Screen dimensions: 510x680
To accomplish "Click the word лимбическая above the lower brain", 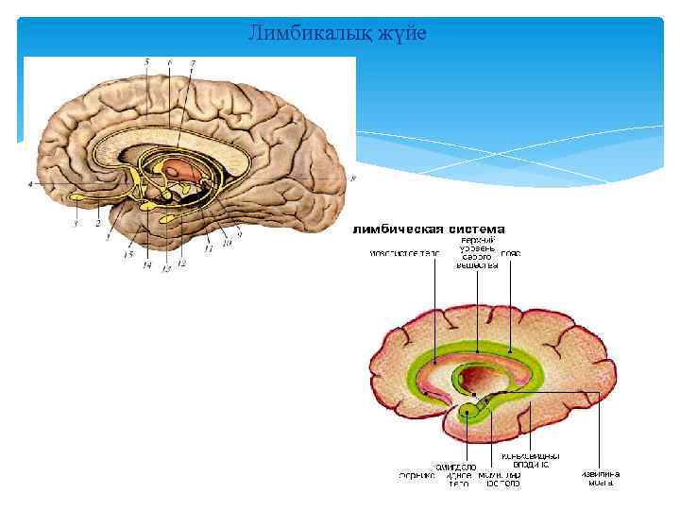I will pyautogui.click(x=397, y=229).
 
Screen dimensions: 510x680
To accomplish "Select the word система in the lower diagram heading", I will pyautogui.click(x=474, y=229).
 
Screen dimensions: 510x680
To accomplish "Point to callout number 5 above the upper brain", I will pyautogui.click(x=146, y=61).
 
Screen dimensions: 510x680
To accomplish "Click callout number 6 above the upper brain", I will pyautogui.click(x=169, y=62).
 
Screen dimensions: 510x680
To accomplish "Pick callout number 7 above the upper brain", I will pyautogui.click(x=193, y=62).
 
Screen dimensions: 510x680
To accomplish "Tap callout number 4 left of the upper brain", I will pyautogui.click(x=30, y=184).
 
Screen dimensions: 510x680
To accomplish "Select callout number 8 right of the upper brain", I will pyautogui.click(x=351, y=178).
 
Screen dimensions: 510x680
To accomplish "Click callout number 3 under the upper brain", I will pyautogui.click(x=75, y=225).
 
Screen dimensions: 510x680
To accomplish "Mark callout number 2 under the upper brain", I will pyautogui.click(x=97, y=225).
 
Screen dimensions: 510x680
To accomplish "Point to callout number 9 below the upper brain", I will pyautogui.click(x=240, y=233).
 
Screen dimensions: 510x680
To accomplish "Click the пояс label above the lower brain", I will pyautogui.click(x=511, y=253).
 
